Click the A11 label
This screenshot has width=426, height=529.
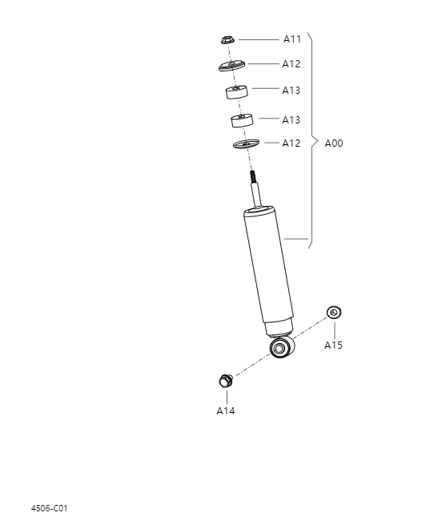pos(291,38)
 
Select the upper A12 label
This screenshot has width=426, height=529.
pos(291,63)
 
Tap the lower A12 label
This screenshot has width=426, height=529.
pos(291,143)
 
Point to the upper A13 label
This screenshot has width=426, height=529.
pos(291,91)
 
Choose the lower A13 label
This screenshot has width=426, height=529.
pos(291,119)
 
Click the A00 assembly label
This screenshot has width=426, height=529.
pos(334,143)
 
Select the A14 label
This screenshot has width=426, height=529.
pos(226,410)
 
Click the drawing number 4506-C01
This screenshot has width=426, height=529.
pos(50,508)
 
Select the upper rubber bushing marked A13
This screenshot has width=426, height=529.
pos(235,93)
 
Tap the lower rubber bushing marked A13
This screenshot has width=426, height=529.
pos(239,120)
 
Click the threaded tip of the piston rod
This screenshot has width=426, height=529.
pos(252,176)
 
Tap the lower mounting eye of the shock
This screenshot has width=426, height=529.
pos(282,348)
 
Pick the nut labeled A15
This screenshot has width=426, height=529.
pos(333,312)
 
